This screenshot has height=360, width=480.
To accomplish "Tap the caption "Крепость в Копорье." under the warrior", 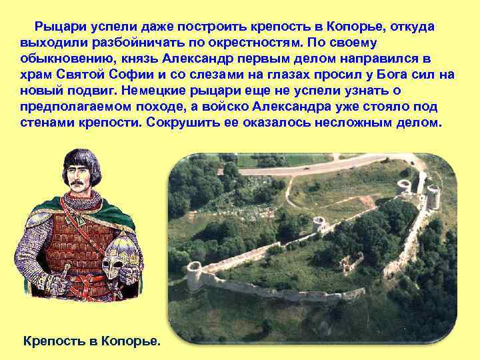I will point(92,341).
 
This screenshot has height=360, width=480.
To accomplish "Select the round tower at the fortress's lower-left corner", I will point(194,275).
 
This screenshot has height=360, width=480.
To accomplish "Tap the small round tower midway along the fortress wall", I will point(319,225).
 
